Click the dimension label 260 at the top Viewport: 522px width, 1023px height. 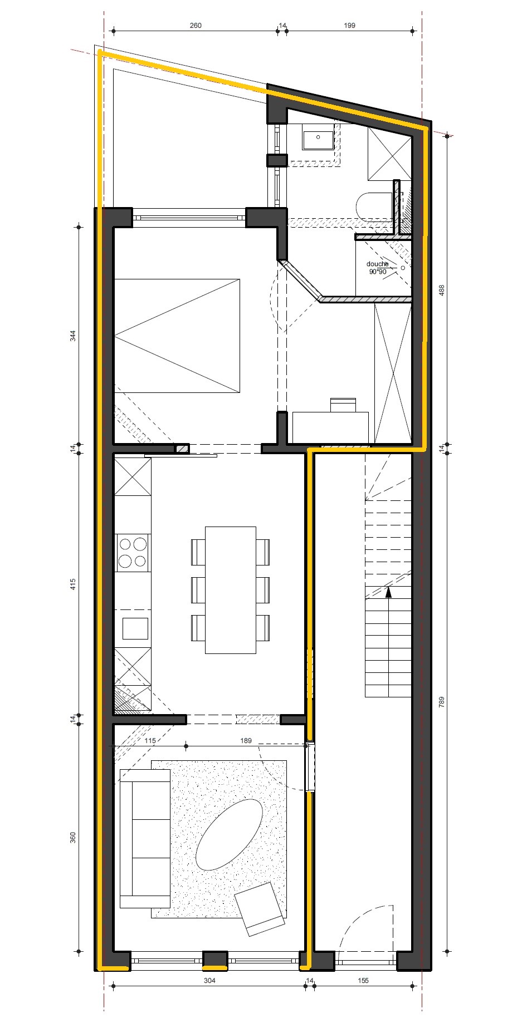[195, 25]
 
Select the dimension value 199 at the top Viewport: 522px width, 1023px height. [349, 25]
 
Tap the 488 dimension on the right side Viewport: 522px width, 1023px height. [442, 291]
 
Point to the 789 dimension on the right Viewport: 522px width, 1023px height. [442, 702]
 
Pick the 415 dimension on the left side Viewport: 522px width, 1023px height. [73, 584]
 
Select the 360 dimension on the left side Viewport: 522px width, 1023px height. [73, 838]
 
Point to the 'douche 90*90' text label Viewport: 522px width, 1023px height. [378, 268]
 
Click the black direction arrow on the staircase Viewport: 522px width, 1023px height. [388, 592]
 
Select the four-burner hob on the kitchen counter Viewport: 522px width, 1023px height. [133, 552]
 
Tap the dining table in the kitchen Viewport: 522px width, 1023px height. [231, 589]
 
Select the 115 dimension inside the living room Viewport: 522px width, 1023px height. [149, 741]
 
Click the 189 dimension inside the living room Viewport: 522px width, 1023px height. [246, 741]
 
